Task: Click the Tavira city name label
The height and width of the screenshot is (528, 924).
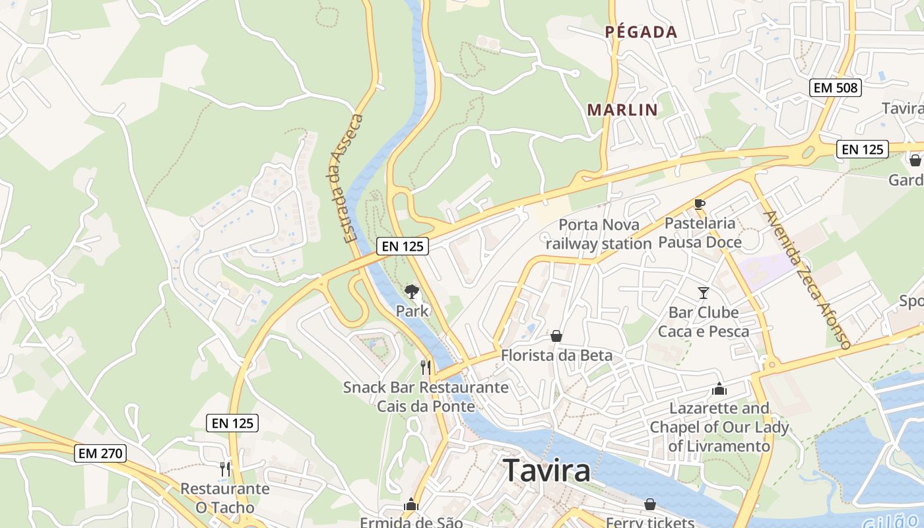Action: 546,471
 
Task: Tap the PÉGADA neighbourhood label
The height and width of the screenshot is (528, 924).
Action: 642,32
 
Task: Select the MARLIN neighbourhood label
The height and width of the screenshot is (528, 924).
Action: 622,110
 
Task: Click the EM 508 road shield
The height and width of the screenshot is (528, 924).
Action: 836,87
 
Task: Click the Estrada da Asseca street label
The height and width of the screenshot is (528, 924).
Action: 345,178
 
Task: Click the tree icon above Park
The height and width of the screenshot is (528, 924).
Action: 412,291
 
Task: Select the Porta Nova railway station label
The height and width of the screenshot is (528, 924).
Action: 599,234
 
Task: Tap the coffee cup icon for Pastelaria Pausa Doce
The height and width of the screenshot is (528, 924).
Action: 700,204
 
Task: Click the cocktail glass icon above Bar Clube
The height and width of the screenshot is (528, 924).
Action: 703,292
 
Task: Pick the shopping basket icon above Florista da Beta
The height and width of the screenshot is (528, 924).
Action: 556,336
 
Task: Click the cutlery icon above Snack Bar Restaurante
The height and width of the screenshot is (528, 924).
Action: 426,367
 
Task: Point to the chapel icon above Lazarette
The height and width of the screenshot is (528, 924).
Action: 719,389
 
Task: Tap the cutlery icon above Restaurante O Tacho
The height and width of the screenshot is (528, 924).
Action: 225,469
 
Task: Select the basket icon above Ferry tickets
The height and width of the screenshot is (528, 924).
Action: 649,504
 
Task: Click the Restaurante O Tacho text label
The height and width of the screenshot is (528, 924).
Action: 225,498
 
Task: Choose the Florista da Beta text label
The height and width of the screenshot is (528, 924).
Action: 556,355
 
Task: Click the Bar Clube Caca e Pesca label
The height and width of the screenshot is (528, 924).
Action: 704,321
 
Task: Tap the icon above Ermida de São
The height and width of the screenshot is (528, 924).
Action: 411,505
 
